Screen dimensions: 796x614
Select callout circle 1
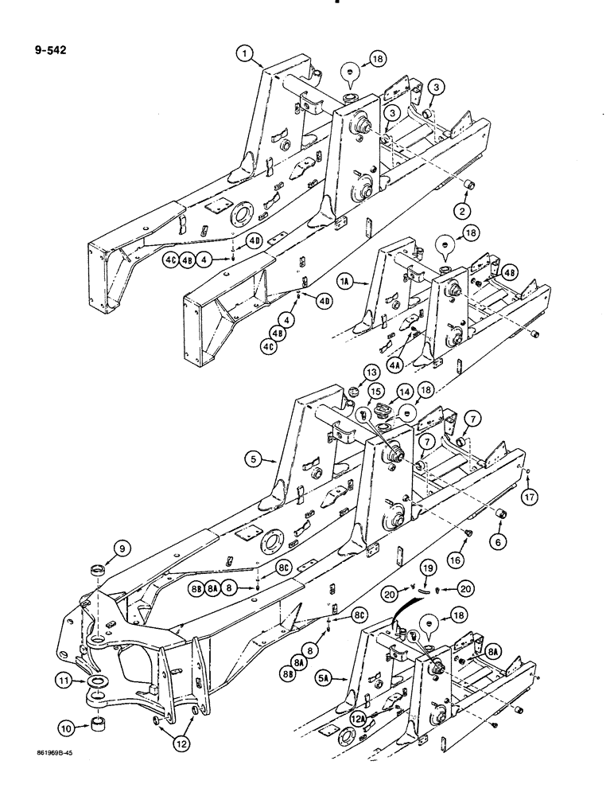coord(245,54)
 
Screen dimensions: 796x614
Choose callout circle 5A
coord(344,679)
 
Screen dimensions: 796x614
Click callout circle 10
coord(68,727)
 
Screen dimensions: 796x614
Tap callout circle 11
coord(64,681)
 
